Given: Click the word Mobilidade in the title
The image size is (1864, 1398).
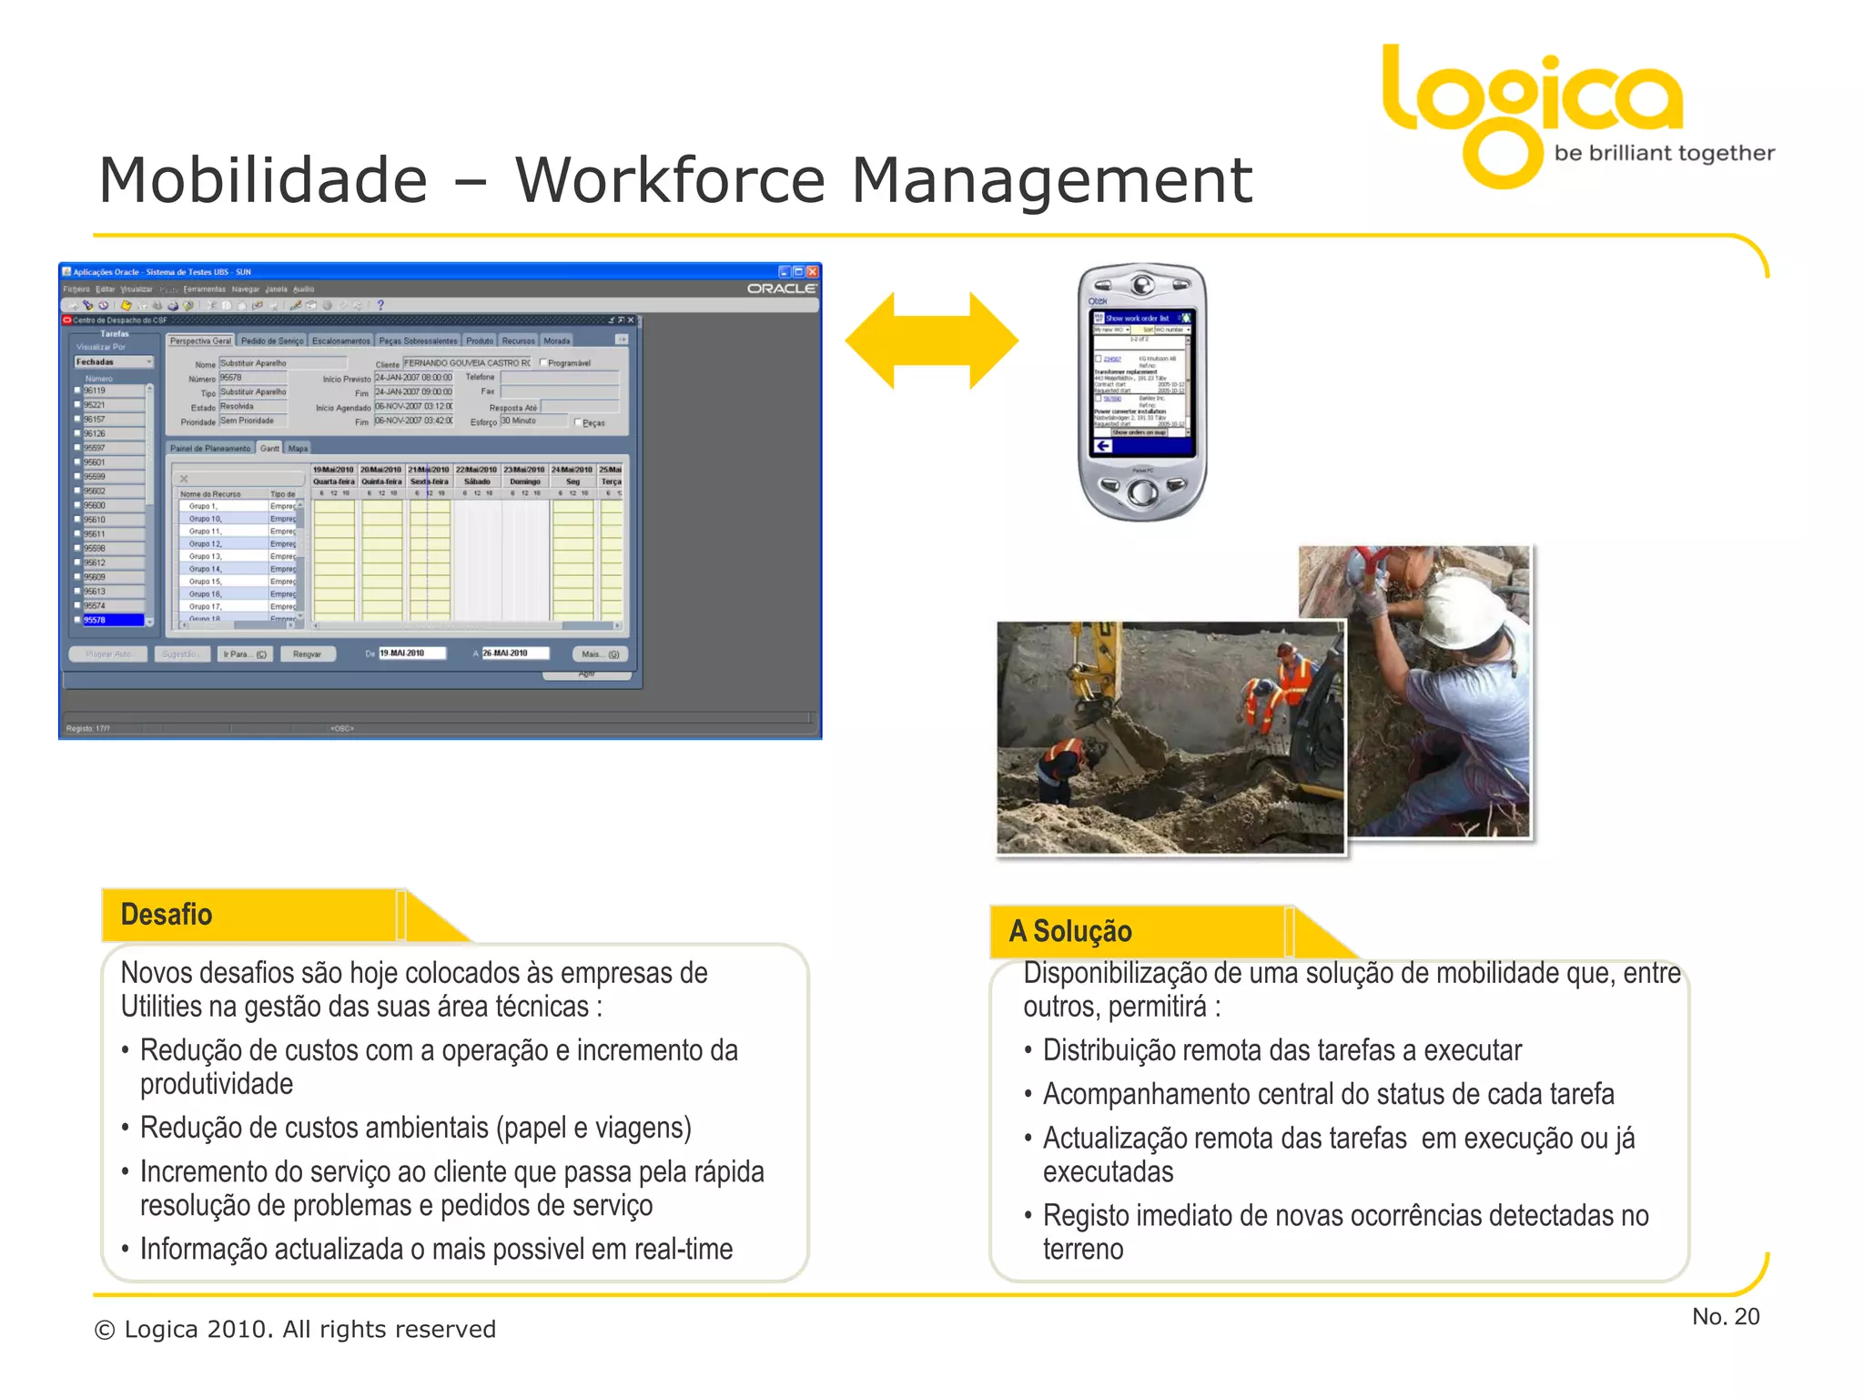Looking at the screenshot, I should click(x=263, y=180).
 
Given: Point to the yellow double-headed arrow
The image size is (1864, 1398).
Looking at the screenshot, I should click(x=931, y=340).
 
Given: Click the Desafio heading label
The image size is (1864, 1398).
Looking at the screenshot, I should click(x=167, y=915).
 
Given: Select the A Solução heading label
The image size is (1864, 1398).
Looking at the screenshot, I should click(x=1070, y=931).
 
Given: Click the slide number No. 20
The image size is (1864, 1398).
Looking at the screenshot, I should click(x=1725, y=1316).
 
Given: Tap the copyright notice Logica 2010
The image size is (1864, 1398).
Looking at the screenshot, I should click(x=295, y=1330).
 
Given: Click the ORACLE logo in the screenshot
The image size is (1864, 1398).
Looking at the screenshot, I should click(x=781, y=289).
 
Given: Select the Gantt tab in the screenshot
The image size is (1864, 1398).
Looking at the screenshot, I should click(x=269, y=448).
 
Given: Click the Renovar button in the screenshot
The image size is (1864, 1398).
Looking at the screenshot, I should click(x=308, y=653).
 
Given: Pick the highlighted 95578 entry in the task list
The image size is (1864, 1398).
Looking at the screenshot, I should click(x=111, y=620).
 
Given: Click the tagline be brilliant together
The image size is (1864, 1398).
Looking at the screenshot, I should click(x=1664, y=153).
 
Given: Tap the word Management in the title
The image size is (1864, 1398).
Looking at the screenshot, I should click(x=1051, y=180).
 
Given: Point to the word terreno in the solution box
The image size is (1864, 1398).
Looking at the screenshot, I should click(x=1083, y=1249).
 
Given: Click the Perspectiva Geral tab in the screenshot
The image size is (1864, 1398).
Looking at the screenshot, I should click(x=200, y=340).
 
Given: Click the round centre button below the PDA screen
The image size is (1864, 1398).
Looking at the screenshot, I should click(x=1142, y=492).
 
